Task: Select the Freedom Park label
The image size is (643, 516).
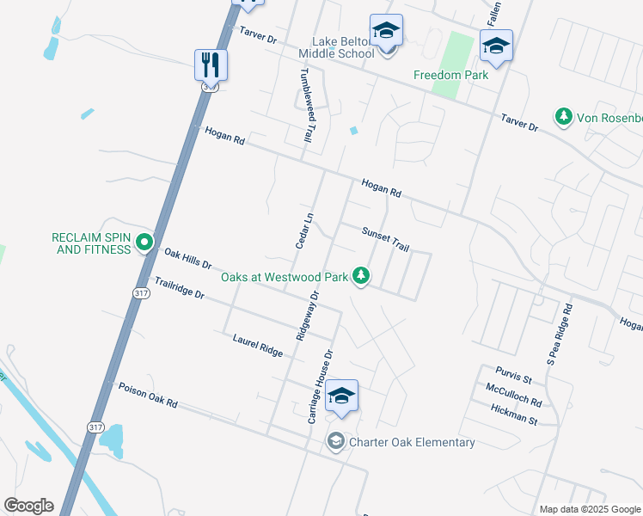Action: [450, 75]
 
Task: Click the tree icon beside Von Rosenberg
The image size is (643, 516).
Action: [563, 116]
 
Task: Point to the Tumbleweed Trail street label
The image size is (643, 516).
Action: [303, 105]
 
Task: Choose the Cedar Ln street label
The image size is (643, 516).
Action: [302, 230]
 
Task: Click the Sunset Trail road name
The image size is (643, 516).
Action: [385, 239]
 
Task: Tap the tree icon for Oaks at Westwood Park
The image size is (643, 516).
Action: [362, 276]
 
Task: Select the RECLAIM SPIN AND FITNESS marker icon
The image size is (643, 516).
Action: [144, 244]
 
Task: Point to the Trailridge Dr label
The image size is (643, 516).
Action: [179, 288]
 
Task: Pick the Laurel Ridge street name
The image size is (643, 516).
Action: [257, 346]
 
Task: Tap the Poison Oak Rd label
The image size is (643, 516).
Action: [147, 396]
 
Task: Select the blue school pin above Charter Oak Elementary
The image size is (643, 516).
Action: [341, 396]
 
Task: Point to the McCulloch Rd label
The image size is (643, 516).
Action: [512, 396]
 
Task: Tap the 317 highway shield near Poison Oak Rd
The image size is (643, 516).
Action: [95, 427]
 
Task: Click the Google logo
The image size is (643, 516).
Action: [28, 506]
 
